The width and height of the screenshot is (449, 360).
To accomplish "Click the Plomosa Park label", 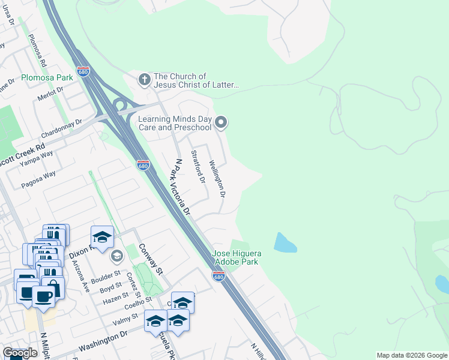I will pyautogui.click(x=47, y=77).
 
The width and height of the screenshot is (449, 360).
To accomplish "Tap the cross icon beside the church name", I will pyautogui.click(x=144, y=79).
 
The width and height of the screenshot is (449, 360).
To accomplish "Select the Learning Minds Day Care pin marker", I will pyautogui.click(x=221, y=122).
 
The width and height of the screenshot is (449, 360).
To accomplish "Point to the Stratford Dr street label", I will pyautogui.click(x=198, y=167).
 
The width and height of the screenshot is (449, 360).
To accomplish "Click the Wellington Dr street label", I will pyautogui.click(x=217, y=179).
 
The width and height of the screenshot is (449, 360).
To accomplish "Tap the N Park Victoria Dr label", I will pyautogui.click(x=182, y=187).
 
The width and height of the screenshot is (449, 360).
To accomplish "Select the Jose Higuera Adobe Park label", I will pyautogui.click(x=237, y=258).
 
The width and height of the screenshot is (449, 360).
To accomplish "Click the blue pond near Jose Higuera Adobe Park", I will pyautogui.click(x=285, y=242).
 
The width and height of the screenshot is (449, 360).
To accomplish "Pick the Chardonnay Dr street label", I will pyautogui.click(x=69, y=127).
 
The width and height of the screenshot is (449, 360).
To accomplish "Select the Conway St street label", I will pyautogui.click(x=151, y=259).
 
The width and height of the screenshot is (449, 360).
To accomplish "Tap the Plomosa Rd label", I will pyautogui.click(x=37, y=52).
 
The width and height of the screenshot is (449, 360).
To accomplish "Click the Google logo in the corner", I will pyautogui.click(x=20, y=353).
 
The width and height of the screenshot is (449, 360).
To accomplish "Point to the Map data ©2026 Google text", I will pyautogui.click(x=412, y=355).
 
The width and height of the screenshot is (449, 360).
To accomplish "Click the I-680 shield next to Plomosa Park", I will pyautogui.click(x=83, y=70).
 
